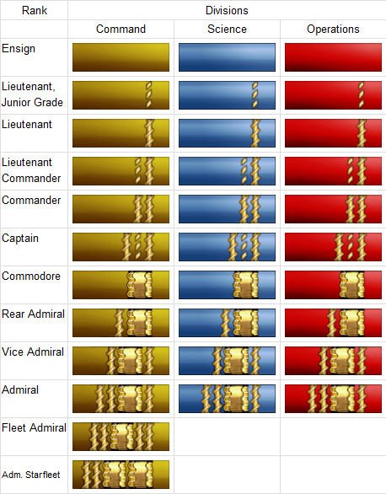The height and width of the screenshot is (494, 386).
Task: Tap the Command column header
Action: (x=121, y=30)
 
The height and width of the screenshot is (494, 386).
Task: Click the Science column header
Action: (x=227, y=30)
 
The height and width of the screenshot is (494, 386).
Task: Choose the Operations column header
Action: (x=333, y=30)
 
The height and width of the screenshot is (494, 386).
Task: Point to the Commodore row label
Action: (x=30, y=277)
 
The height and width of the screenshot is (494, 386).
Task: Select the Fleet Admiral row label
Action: (x=34, y=428)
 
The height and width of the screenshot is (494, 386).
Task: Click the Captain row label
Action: (x=21, y=239)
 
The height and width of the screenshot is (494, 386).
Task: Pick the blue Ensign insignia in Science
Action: (x=227, y=56)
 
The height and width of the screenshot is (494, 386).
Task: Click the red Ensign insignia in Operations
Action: (x=333, y=56)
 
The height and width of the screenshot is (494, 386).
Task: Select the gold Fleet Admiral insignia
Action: (x=121, y=438)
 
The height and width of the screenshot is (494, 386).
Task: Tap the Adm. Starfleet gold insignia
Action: (x=121, y=475)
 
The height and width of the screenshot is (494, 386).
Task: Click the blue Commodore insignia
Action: (x=227, y=285)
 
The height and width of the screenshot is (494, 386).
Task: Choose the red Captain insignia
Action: (x=333, y=246)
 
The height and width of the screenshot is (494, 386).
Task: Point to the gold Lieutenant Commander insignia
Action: (x=121, y=170)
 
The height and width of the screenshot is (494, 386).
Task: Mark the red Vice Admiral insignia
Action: (x=333, y=361)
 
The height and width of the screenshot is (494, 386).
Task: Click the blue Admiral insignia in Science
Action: (x=227, y=399)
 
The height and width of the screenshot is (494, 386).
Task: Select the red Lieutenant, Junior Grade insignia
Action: (x=333, y=94)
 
